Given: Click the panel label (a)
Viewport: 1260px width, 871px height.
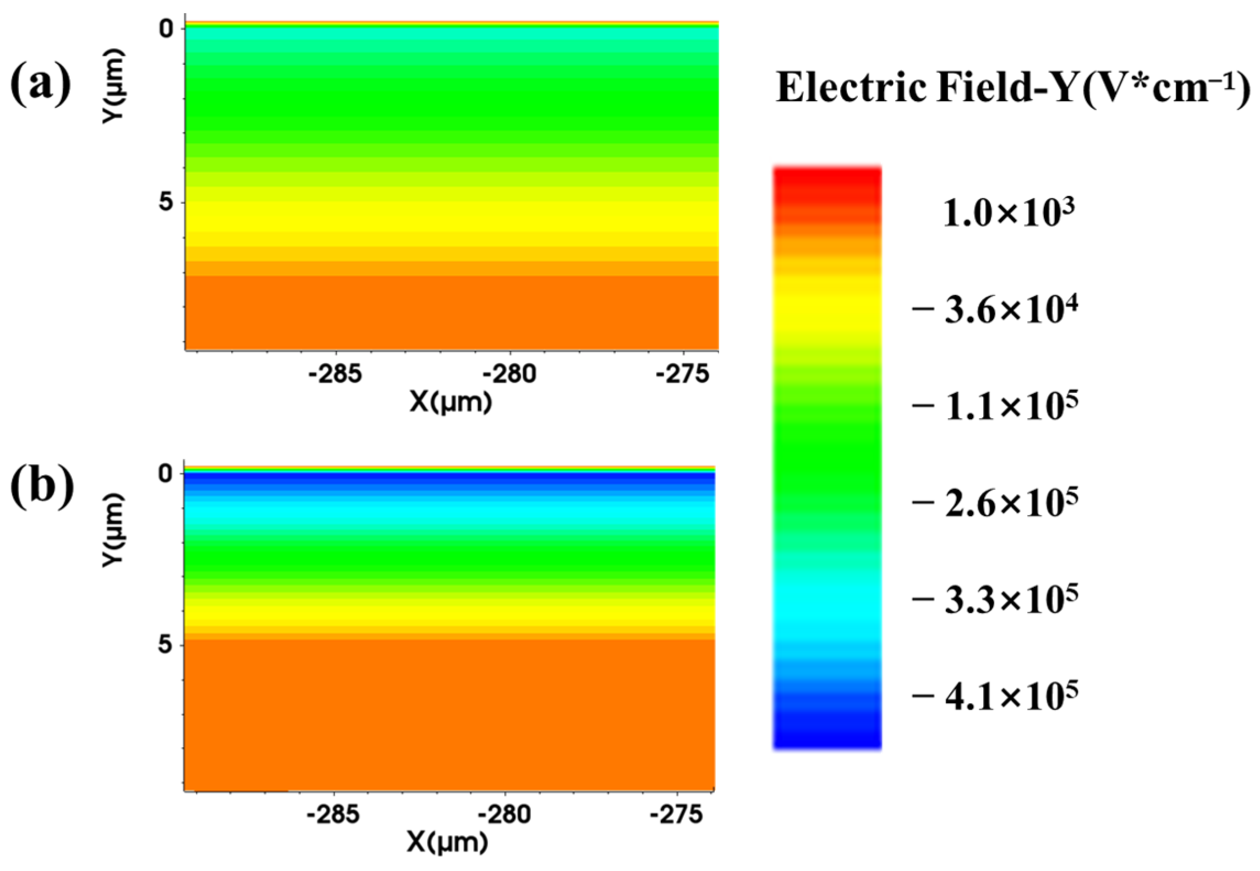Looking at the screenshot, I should point(41,84).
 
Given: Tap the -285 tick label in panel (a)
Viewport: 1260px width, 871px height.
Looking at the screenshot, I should point(335,374).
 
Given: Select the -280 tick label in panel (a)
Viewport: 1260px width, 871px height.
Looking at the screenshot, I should point(509,374).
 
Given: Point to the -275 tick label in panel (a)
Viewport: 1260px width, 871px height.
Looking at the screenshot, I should point(683,374).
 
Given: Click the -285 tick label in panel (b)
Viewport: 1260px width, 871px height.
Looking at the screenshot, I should point(333,814).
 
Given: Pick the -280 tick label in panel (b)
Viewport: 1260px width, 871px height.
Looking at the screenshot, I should point(505,814).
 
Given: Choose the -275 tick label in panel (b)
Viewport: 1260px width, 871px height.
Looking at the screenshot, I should point(676,814).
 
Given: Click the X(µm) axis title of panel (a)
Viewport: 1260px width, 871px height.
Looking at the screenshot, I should point(451,402).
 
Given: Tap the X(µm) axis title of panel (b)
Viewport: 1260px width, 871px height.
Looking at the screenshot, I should point(447,842).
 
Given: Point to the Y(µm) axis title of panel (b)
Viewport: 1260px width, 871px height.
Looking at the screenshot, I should point(114,529).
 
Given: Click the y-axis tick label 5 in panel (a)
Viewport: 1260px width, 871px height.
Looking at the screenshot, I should point(166,202).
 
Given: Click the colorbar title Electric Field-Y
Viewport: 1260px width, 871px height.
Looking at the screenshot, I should point(1013,88).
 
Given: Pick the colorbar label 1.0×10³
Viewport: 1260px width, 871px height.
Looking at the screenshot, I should point(1009,213).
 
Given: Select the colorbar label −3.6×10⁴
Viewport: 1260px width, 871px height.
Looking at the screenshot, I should point(995,310).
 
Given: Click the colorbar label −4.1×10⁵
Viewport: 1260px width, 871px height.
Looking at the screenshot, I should point(995,695).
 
